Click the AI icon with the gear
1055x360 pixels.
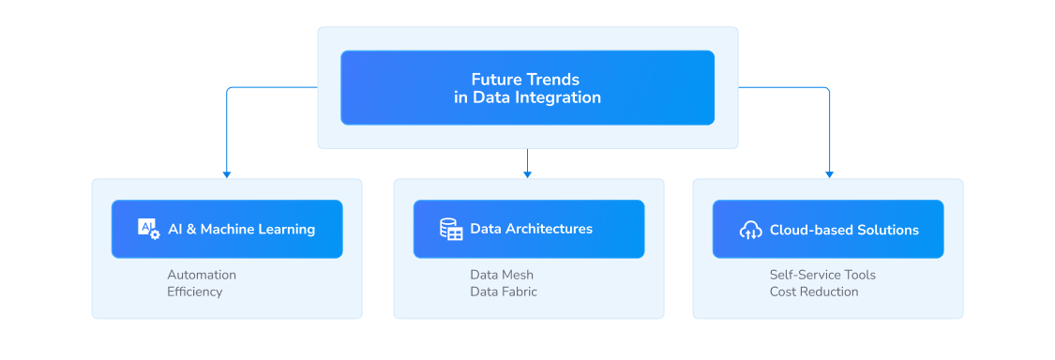148,229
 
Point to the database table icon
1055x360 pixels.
451,229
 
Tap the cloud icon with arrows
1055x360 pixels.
750,230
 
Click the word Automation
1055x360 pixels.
202,275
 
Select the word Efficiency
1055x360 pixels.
195,292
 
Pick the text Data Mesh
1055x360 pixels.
502,275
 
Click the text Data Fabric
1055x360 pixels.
504,292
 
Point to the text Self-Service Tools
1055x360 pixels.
822,275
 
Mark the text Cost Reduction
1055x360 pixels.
814,292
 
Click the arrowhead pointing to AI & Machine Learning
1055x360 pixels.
226,173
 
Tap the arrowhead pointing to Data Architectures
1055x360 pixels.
528,173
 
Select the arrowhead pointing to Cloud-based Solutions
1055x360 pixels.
829,173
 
